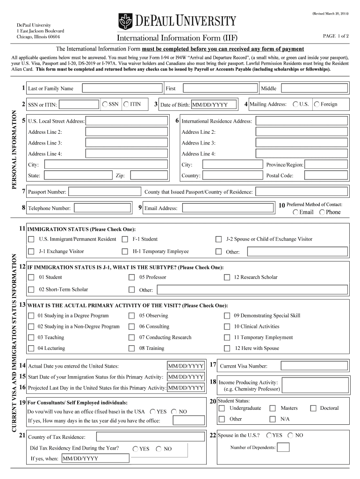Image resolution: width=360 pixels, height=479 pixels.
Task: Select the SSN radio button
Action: pos(105,104)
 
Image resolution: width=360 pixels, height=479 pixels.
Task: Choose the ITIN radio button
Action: pos(127,104)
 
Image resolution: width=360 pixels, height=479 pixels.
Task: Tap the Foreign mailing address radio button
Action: pos(317,104)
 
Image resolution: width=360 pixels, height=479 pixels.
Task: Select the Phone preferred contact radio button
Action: pos(322,212)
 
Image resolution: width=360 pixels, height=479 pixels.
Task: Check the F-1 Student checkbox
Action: pos(125,239)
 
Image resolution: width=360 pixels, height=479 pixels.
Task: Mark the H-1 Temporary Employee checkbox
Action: pos(125,252)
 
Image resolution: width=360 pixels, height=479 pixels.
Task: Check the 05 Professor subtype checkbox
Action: pos(132,277)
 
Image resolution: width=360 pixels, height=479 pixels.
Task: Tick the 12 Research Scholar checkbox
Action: pos(227,277)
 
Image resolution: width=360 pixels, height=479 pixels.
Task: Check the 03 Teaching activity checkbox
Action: pos(31,338)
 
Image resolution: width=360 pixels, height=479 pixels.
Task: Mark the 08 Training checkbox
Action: pos(132,348)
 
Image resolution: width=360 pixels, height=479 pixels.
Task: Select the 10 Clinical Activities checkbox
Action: pos(227,327)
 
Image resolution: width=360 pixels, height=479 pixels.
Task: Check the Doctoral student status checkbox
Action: pos(313,408)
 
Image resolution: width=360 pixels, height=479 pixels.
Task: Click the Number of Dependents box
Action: pos(283,448)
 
